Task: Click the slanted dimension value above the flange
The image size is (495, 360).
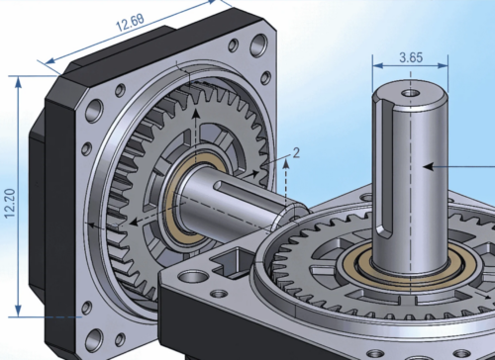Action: click(x=130, y=23)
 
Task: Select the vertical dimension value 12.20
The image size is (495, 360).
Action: click(x=10, y=203)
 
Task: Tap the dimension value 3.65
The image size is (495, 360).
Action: click(x=411, y=57)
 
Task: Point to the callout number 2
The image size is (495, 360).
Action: click(x=296, y=153)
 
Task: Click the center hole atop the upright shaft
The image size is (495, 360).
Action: click(x=411, y=93)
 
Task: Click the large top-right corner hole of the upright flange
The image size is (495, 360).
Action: click(x=258, y=45)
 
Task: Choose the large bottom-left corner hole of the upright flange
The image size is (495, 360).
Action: click(x=94, y=340)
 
